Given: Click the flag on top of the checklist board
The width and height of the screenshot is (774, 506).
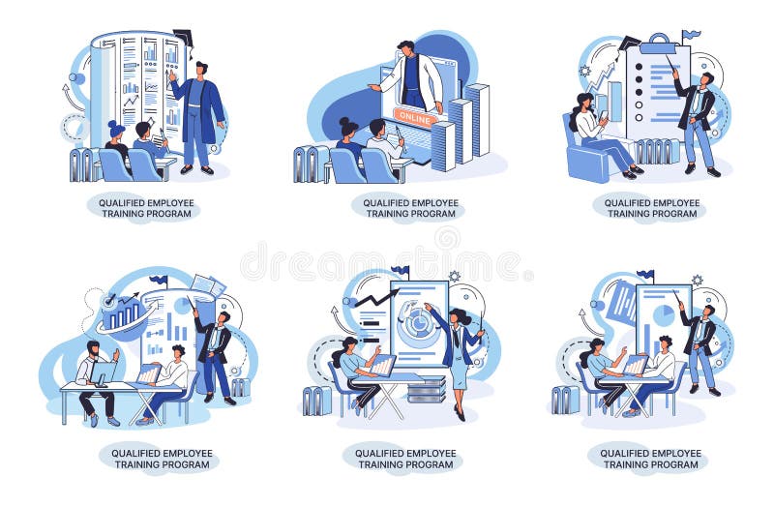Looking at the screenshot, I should (689, 36).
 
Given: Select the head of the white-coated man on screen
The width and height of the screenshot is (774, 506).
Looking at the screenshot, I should (406, 47).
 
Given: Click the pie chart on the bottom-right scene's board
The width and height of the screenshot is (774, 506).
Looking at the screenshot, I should (664, 315).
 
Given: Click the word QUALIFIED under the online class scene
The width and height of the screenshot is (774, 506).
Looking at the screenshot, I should (382, 203).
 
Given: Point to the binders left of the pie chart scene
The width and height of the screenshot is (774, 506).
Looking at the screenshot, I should (565, 399).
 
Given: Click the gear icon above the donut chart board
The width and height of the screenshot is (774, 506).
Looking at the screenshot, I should (454, 276).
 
